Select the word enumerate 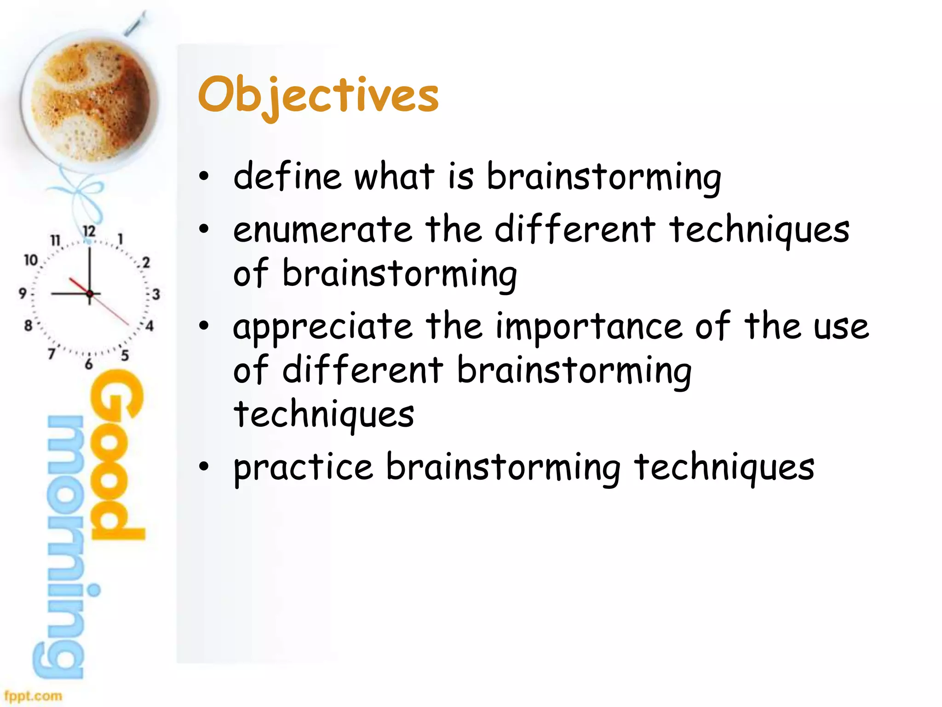tap(322, 230)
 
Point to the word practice tap(303, 468)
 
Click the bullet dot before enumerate tap(204, 228)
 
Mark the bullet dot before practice tap(204, 466)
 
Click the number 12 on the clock tap(89, 231)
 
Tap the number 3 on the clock tap(156, 294)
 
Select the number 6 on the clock tap(89, 364)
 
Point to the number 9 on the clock tap(22, 293)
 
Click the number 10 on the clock tap(30, 260)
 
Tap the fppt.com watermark tap(33, 695)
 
